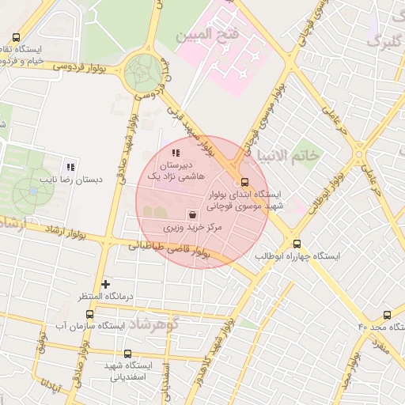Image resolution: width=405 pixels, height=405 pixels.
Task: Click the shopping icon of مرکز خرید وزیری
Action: (193, 214)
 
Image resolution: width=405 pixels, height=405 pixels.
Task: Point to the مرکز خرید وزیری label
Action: (194, 228)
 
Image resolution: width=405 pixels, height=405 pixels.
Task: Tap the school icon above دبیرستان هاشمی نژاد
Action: (175, 152)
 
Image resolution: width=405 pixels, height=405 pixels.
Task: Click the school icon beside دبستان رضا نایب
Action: (70, 167)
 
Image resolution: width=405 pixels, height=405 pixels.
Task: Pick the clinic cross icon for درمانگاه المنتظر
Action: (106, 283)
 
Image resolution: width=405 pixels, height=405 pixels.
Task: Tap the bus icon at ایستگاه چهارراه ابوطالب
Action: (297, 244)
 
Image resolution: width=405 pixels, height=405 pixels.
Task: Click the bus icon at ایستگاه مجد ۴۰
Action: (387, 314)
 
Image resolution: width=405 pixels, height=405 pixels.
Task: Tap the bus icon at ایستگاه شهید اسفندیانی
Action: (128, 354)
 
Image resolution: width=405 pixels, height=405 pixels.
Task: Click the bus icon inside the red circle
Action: (243, 181)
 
